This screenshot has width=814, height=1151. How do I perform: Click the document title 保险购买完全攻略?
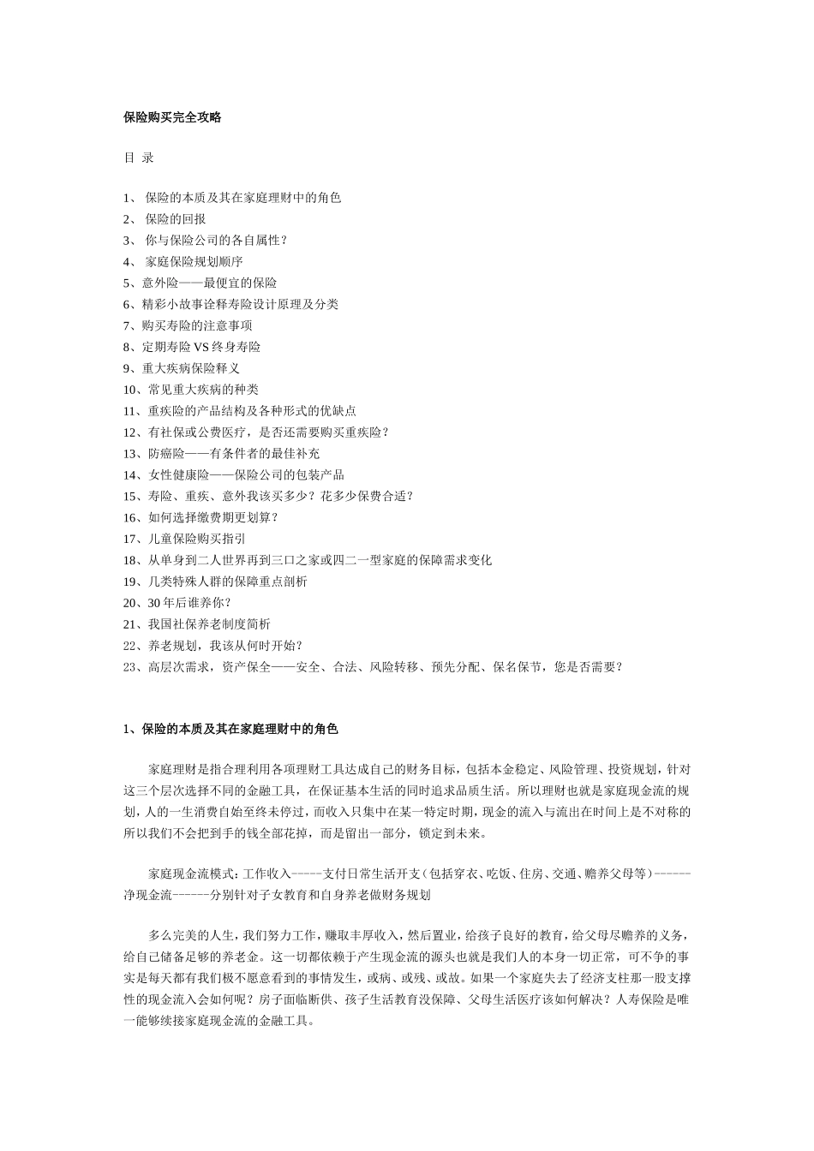(172, 118)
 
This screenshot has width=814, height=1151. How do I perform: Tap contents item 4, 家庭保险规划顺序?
(194, 262)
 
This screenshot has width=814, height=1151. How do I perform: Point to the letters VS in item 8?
(201, 348)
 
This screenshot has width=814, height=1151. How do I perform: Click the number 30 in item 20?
(154, 604)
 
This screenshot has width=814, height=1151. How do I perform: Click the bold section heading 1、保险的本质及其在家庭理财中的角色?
(230, 730)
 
